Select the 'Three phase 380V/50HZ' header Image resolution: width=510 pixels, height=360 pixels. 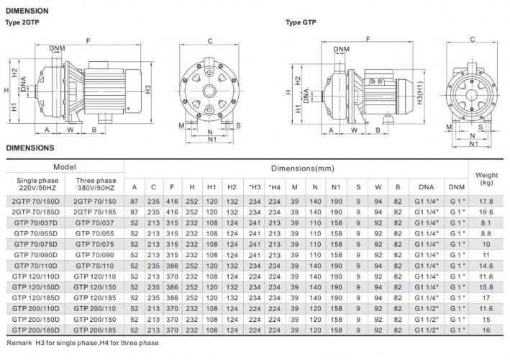click(94, 183)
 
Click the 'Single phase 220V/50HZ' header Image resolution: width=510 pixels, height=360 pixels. click(36, 183)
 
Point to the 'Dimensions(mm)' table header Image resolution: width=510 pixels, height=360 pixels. click(296, 168)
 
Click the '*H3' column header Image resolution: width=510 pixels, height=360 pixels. click(253, 187)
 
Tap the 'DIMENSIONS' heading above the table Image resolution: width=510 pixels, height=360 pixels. click(30, 148)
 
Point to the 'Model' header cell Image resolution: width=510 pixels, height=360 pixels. click(65, 166)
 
